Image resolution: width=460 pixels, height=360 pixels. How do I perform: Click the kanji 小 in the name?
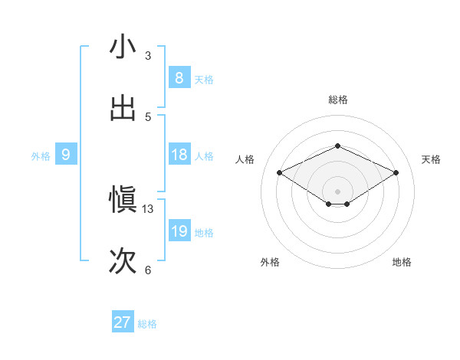point(123,47)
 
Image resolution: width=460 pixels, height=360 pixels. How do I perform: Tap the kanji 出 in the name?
point(123,108)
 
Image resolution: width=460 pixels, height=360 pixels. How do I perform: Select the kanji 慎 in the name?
point(123,201)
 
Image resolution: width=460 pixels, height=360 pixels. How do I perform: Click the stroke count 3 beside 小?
point(147,56)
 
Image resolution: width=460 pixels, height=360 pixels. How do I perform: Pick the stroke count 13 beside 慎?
point(148,209)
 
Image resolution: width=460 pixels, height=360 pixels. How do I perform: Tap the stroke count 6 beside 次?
point(147,270)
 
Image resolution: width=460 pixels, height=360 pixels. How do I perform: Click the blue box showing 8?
point(179,78)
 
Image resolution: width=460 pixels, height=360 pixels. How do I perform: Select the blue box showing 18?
point(179,155)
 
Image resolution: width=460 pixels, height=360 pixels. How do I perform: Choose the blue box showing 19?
point(179,231)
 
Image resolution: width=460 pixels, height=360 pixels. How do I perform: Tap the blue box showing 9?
point(66,155)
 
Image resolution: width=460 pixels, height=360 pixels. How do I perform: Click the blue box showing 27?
point(122,322)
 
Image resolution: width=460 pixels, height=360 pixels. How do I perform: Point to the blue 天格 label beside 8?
point(204,80)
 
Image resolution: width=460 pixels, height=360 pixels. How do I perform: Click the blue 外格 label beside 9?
point(41,156)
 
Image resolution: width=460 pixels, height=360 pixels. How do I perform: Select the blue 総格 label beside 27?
point(147,324)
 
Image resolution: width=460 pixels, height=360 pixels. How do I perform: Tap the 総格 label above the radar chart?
point(337,100)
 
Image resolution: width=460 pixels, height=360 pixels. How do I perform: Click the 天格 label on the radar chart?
point(431,159)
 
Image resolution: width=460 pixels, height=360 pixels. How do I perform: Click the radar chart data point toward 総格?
point(337,146)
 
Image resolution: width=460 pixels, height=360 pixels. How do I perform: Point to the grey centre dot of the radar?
point(337,191)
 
